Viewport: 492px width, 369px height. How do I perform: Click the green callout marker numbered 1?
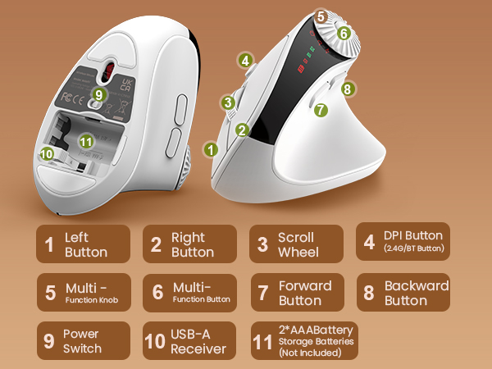click(x=212, y=150)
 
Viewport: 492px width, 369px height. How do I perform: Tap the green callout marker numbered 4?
click(x=244, y=60)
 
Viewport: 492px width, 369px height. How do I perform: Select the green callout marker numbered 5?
click(x=321, y=16)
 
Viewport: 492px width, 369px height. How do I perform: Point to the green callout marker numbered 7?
click(x=321, y=108)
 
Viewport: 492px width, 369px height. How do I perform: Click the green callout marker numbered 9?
click(x=99, y=95)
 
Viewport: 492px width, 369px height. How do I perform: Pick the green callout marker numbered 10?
click(x=47, y=153)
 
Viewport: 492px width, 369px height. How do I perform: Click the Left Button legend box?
click(x=83, y=244)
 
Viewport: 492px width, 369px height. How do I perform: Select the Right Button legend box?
click(x=190, y=244)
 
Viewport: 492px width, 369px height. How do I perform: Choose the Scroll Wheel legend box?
click(x=296, y=244)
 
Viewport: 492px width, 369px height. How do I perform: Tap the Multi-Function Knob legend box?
click(x=83, y=293)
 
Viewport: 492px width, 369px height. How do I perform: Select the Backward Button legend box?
click(x=403, y=293)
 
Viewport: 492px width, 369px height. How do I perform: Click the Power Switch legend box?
click(x=83, y=341)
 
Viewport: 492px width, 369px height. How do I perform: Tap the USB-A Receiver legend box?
click(x=190, y=341)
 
